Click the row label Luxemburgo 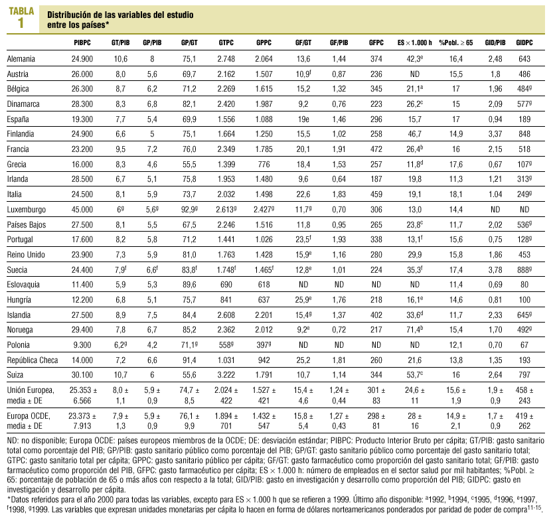click(x=26, y=210)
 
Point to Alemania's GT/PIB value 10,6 click(x=120, y=59)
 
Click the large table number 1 click(x=21, y=23)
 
